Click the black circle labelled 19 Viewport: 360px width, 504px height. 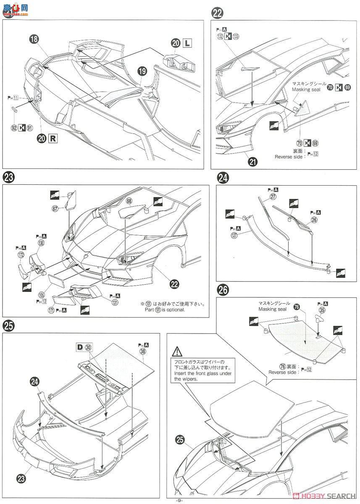coord(142,71)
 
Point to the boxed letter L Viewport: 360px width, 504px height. coord(187,42)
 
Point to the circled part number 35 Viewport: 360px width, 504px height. coord(322,310)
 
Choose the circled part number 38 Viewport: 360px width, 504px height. coord(143,351)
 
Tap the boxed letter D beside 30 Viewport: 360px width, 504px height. coord(79,347)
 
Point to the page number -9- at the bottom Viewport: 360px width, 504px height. coord(180,500)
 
